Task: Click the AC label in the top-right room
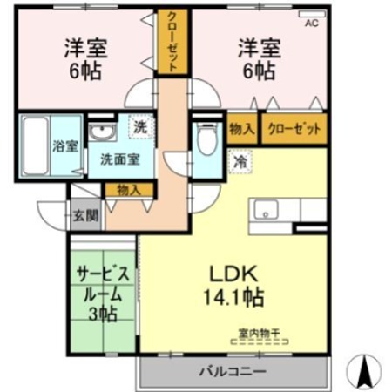click(311, 24)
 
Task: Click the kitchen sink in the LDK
click(265, 210)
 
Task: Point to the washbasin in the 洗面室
click(103, 132)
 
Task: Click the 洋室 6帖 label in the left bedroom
click(85, 58)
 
